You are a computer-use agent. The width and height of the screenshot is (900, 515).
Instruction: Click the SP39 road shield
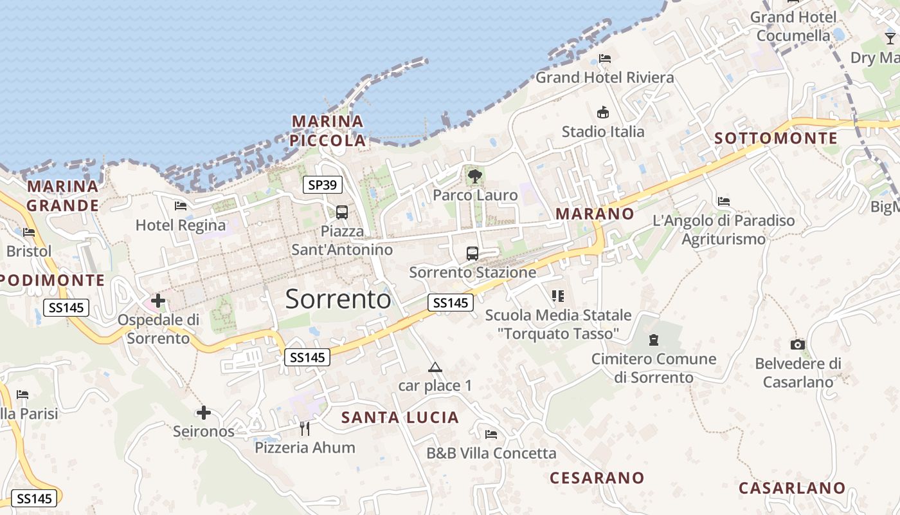pyautogui.click(x=322, y=185)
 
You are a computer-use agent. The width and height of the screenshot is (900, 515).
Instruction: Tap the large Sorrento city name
pyautogui.click(x=337, y=299)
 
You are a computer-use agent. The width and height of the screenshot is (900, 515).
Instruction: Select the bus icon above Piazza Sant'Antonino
pyautogui.click(x=342, y=212)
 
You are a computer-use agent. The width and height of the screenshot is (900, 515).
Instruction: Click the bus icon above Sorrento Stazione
pyautogui.click(x=473, y=253)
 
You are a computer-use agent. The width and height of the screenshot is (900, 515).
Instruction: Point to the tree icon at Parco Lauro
pyautogui.click(x=475, y=176)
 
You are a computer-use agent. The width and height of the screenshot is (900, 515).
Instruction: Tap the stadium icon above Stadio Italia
pyautogui.click(x=603, y=113)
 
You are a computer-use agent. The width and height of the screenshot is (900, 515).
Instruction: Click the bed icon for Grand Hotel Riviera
pyautogui.click(x=605, y=59)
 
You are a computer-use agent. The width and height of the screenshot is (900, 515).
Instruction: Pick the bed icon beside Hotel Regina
pyautogui.click(x=181, y=206)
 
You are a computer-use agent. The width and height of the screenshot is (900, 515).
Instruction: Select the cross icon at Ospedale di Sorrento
pyautogui.click(x=158, y=300)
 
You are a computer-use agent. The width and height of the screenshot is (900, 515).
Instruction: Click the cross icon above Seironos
pyautogui.click(x=204, y=412)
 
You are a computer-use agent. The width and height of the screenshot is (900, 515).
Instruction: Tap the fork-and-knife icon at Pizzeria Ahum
pyautogui.click(x=305, y=428)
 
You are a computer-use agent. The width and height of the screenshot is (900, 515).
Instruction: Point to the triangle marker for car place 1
pyautogui.click(x=435, y=368)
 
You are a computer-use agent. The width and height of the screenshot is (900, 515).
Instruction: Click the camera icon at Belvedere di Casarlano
pyautogui.click(x=798, y=345)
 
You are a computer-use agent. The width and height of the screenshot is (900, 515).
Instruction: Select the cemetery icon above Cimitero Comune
pyautogui.click(x=654, y=340)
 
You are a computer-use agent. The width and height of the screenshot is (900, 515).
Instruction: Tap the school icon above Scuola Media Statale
pyautogui.click(x=558, y=296)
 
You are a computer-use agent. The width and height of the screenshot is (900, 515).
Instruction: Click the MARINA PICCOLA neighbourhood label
pyautogui.click(x=328, y=131)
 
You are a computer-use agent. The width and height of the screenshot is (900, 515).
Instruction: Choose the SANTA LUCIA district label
pyautogui.click(x=400, y=417)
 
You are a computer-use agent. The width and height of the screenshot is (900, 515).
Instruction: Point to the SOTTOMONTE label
pyautogui.click(x=776, y=138)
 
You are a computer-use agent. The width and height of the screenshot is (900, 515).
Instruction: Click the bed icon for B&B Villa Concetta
pyautogui.click(x=491, y=435)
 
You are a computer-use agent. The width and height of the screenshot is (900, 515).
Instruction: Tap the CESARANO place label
pyautogui.click(x=597, y=478)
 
